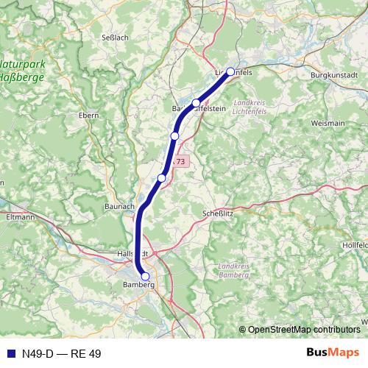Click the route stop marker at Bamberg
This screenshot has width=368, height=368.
(145, 277)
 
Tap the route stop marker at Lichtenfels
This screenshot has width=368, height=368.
(230, 71)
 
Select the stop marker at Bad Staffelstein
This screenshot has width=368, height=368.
(196, 103)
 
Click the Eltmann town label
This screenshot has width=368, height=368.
(20, 217)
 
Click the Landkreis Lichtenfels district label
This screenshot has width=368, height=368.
(249, 107)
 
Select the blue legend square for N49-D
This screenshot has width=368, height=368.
(8, 353)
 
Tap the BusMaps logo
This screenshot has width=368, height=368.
(333, 353)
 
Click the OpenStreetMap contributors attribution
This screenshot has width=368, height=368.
(303, 329)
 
